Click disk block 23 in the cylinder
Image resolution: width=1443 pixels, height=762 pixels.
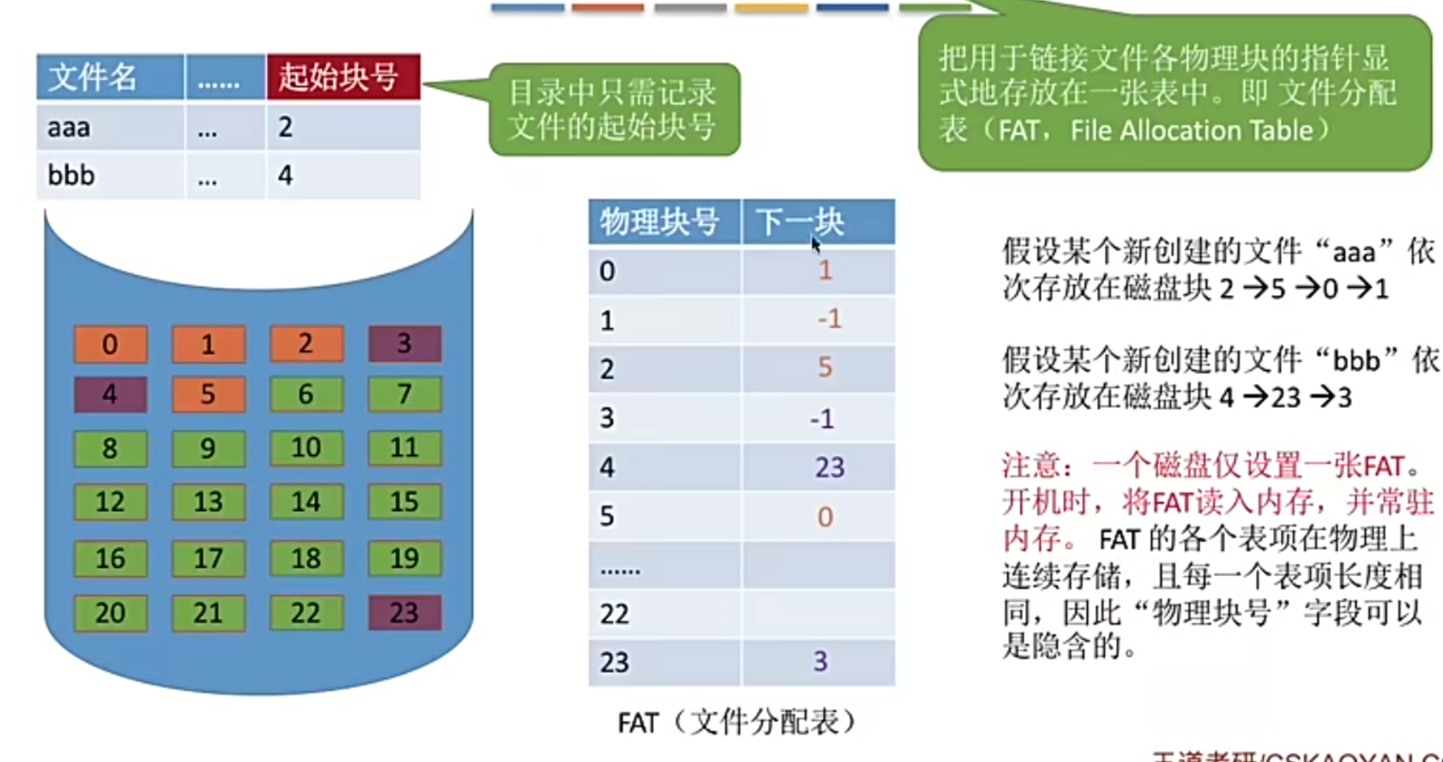(x=404, y=612)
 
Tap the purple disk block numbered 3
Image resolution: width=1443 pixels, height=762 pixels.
(x=404, y=343)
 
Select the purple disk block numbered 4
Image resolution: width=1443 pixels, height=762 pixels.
(x=110, y=394)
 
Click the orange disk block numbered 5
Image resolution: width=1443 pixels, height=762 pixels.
(x=208, y=394)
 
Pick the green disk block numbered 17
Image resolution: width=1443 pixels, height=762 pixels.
(x=208, y=558)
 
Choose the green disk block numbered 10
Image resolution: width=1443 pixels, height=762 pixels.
(x=306, y=447)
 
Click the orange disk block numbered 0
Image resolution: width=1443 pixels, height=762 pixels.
(x=110, y=344)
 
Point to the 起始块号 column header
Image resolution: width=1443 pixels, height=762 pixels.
(x=342, y=77)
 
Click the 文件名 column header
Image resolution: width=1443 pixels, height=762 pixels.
(x=109, y=77)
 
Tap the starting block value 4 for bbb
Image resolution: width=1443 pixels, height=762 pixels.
(x=286, y=175)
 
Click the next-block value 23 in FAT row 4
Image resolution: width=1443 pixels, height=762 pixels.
(x=829, y=467)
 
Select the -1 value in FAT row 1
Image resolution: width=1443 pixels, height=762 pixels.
(x=829, y=319)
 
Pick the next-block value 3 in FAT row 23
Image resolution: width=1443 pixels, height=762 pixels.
(x=820, y=661)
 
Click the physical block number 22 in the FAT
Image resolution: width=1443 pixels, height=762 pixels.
(x=614, y=613)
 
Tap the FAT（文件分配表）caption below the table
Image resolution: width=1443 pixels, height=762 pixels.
(x=737, y=722)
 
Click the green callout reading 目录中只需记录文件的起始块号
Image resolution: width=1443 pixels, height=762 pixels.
(x=614, y=109)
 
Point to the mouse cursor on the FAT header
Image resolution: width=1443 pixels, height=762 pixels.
(x=815, y=244)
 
